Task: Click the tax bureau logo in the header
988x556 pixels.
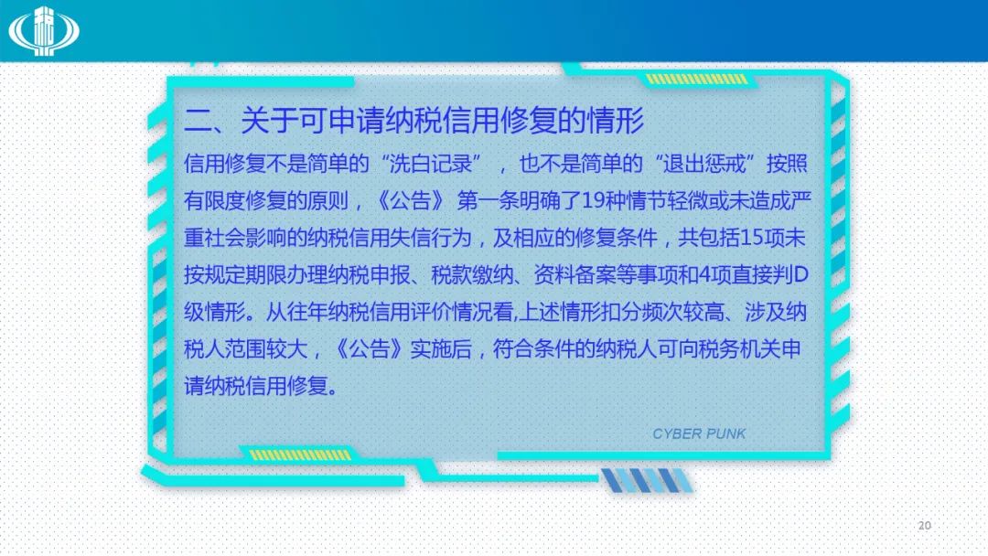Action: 44,31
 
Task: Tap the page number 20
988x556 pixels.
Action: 924,525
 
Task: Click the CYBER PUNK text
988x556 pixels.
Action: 699,433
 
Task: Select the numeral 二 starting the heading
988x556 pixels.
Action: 198,120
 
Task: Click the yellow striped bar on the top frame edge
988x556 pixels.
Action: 696,80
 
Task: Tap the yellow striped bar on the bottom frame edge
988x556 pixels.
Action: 301,454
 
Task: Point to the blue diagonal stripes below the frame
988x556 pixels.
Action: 647,480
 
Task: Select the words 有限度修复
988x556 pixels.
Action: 235,201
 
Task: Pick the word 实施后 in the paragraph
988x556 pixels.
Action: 440,348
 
